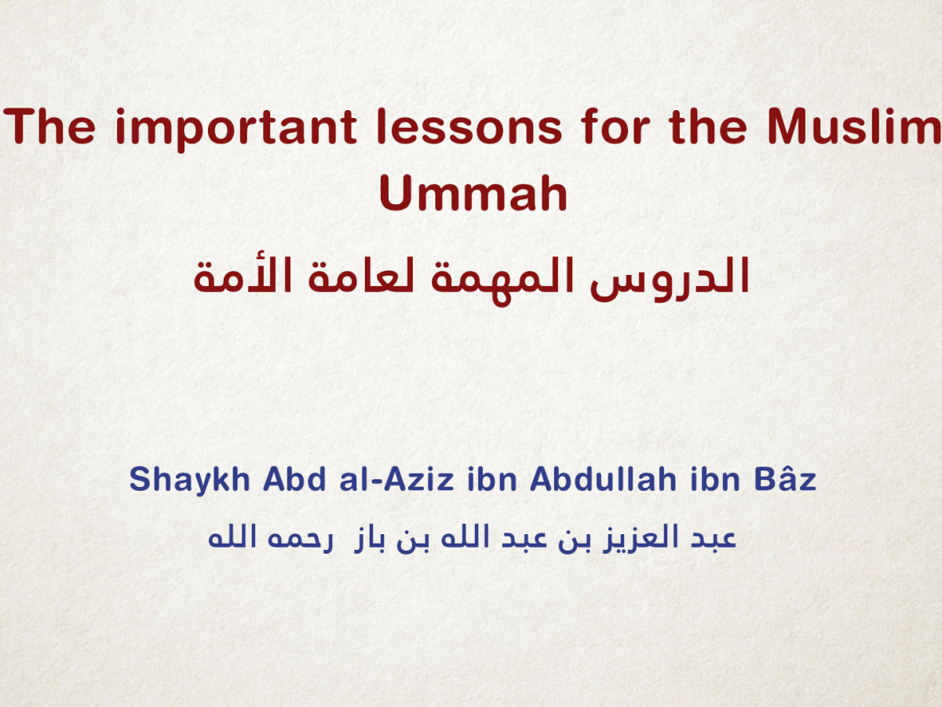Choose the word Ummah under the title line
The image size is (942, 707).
point(473,195)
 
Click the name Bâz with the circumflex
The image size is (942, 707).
point(786,479)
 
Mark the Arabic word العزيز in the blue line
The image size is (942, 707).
point(629,539)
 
